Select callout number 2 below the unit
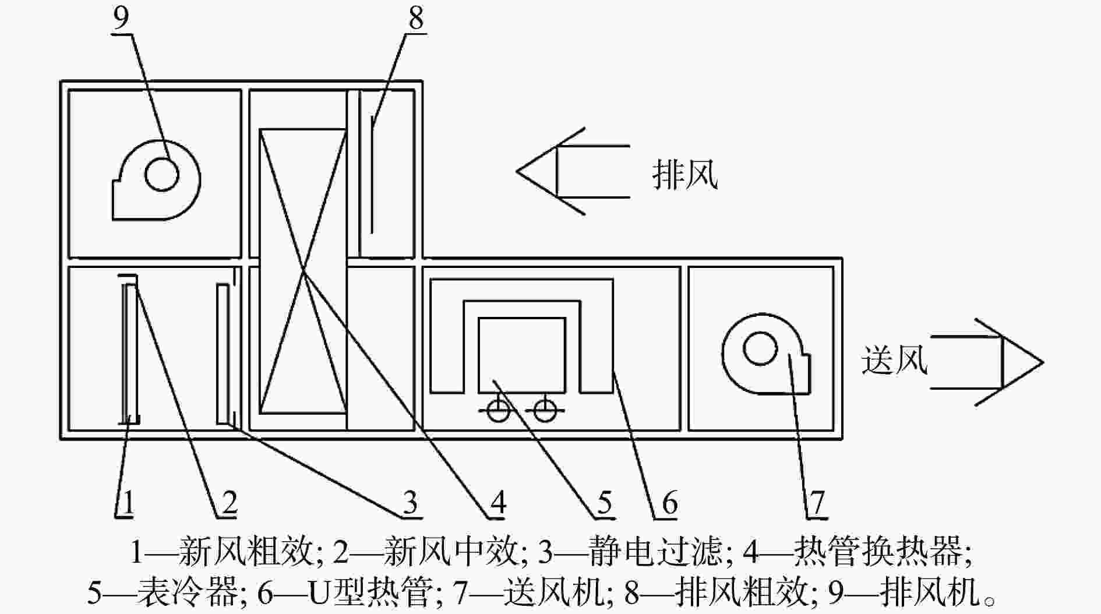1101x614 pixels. (x=229, y=502)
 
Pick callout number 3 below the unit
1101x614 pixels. (x=411, y=502)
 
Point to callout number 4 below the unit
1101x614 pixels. (x=497, y=502)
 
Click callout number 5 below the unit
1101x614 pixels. (x=604, y=502)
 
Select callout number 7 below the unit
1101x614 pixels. (x=817, y=502)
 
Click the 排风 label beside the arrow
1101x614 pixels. (x=685, y=174)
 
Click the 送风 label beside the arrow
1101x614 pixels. (x=894, y=359)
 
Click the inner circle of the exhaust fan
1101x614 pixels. (x=161, y=174)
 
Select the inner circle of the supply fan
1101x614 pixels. (x=761, y=349)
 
